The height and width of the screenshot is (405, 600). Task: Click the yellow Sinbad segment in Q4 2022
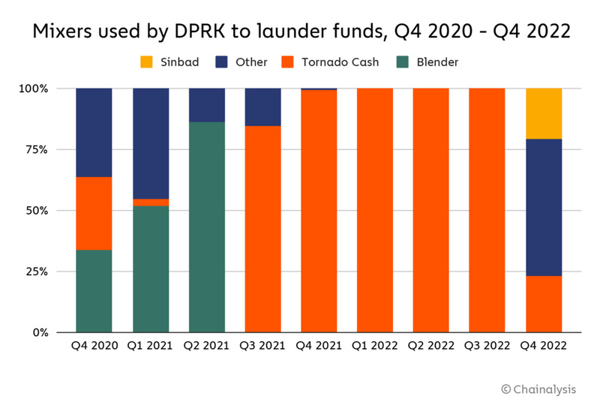[544, 113]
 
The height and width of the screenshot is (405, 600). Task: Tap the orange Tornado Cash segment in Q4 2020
[94, 213]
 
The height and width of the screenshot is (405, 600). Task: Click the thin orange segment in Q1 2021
[150, 202]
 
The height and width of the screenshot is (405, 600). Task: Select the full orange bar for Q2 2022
[431, 210]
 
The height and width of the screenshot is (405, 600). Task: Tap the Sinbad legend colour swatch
[145, 62]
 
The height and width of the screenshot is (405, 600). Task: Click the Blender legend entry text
[438, 62]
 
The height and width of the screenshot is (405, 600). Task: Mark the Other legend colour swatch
[221, 62]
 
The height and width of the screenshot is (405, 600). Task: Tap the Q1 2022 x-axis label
[375, 346]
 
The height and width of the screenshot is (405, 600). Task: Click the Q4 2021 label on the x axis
[319, 346]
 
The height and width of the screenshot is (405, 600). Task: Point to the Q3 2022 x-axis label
[487, 346]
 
